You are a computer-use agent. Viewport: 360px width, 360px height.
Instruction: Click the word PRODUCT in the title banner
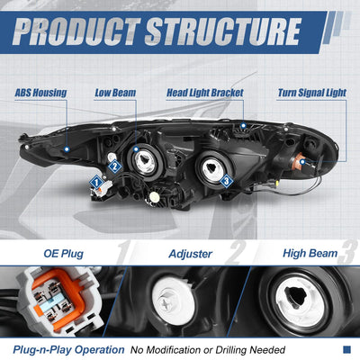[76, 31]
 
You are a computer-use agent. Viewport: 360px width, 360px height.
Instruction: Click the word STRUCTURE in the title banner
[223, 31]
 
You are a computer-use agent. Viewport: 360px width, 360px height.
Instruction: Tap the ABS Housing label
[40, 93]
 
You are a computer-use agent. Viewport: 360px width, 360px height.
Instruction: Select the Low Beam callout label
[115, 93]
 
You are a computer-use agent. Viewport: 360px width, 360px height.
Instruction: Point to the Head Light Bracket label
[205, 93]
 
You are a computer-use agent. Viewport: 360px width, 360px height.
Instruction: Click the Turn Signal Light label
[312, 93]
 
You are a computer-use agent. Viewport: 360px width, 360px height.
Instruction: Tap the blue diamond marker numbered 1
[96, 182]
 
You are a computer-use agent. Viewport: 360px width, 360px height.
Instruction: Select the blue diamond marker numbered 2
[114, 166]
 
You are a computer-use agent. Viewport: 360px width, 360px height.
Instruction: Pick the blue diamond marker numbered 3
[227, 181]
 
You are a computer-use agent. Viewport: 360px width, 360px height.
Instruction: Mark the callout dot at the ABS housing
[67, 148]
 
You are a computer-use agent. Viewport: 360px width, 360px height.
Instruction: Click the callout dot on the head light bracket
[243, 125]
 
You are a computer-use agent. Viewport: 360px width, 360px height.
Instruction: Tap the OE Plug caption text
[63, 254]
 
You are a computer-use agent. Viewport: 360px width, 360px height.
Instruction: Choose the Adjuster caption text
[191, 254]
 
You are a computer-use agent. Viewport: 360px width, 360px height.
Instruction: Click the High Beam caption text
[310, 254]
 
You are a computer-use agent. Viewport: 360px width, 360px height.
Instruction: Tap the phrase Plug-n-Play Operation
[68, 350]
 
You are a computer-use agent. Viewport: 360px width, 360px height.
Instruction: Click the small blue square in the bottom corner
[346, 349]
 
